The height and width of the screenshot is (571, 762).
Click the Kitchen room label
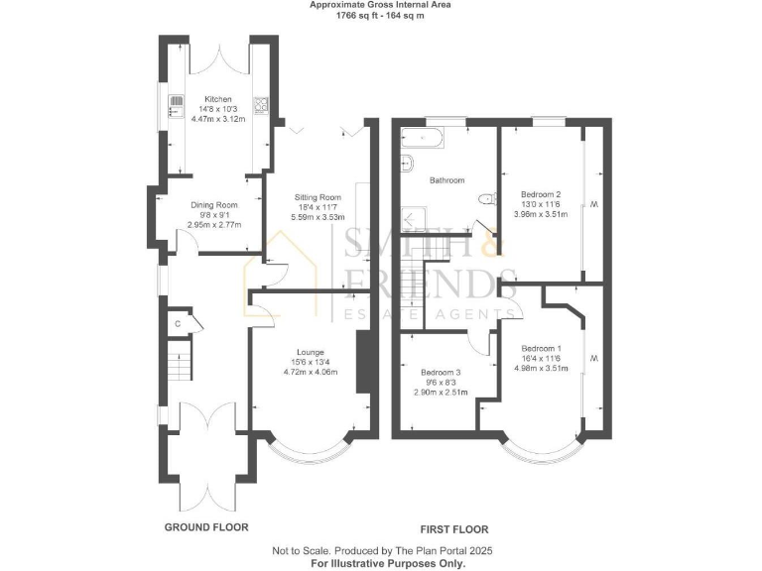218,100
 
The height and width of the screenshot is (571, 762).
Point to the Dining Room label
213,205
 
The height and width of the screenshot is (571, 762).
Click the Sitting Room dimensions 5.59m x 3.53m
317,217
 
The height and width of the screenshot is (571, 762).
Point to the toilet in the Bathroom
485,199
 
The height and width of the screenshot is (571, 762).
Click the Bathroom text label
446,180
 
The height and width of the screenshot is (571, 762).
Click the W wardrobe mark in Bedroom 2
593,205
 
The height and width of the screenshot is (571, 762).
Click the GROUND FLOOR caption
206,527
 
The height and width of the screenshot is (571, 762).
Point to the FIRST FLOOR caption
454,529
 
